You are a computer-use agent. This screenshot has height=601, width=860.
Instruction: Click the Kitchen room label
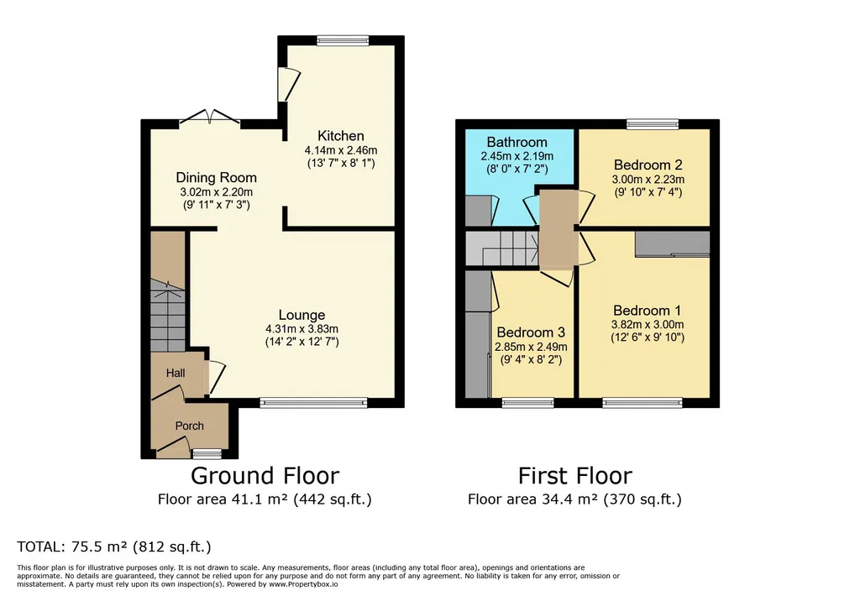coord(341,136)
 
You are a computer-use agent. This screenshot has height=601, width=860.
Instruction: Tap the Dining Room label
coord(216,178)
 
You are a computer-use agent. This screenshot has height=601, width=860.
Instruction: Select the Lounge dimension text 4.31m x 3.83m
coord(302,329)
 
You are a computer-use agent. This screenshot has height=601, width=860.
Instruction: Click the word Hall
coord(176,373)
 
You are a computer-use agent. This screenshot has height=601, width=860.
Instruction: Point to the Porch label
coord(189,426)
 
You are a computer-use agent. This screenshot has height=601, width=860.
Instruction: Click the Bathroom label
coord(517,143)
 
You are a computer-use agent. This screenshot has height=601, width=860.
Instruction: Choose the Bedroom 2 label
coord(648,165)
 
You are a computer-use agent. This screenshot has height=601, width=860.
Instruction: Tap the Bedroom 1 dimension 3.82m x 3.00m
coord(648,325)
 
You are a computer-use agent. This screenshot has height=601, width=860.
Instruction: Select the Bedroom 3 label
coord(531,332)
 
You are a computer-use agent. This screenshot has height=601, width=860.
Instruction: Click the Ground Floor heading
coord(265,475)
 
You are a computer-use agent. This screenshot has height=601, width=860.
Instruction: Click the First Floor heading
coord(574,475)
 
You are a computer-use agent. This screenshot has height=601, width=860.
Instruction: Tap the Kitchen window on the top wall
coord(343,40)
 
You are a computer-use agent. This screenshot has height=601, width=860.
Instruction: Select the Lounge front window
coord(313,403)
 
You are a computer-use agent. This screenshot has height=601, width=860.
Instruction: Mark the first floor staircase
coord(502,248)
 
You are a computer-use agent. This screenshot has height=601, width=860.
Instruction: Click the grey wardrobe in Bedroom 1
coord(673,243)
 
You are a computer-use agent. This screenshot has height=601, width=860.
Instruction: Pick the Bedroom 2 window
coord(653,124)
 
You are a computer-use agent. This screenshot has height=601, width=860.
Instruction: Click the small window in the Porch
coord(207,453)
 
